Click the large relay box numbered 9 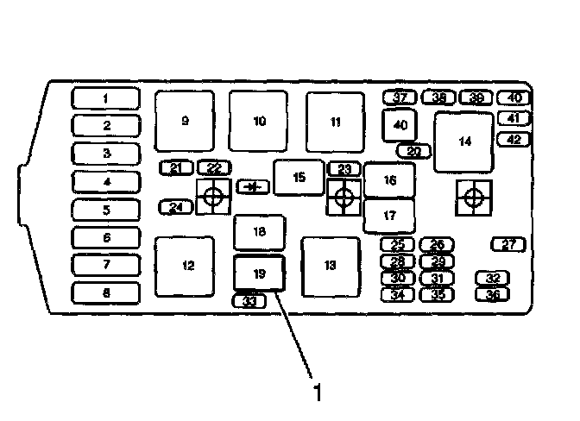pos(184,122)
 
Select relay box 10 pos(259,122)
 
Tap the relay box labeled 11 pos(335,122)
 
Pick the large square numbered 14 pos(464,142)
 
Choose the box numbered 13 pos(330,266)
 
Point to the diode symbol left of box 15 pos(252,185)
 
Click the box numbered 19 pos(259,273)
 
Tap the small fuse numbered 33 pos(249,301)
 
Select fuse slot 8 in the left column pos(105,293)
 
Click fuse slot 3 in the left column pos(105,154)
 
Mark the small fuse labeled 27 pos(508,245)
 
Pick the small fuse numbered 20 pos(413,151)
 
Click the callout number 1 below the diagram pos(318,393)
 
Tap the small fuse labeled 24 pos(176,207)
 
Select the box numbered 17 pos(389,215)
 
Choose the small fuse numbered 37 pos(400,97)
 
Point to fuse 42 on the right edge pos(514,139)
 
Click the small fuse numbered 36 pos(493,294)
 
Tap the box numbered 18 pos(259,231)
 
